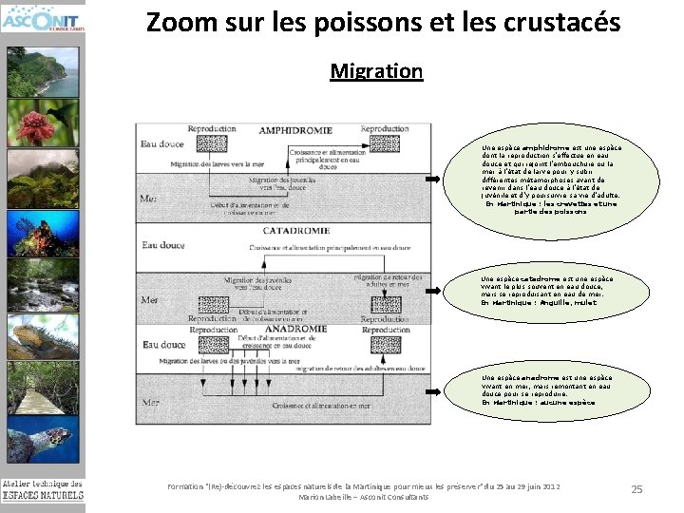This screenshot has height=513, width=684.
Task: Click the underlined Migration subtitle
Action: [376, 71]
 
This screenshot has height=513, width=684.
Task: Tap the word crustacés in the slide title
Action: [560, 22]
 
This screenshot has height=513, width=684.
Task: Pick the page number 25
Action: [636, 489]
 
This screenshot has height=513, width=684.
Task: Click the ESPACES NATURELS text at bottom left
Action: [42, 495]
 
